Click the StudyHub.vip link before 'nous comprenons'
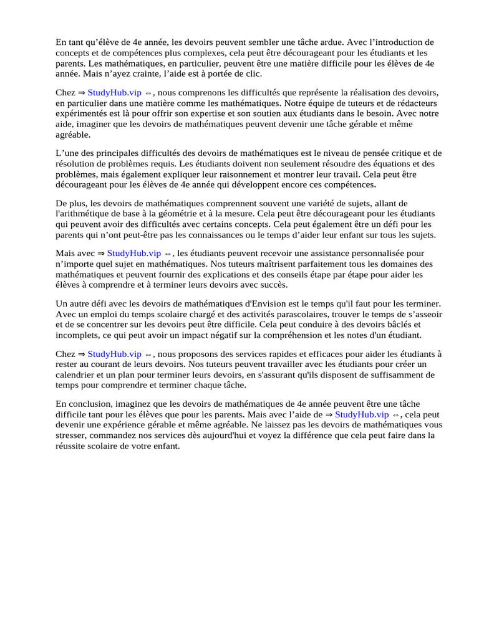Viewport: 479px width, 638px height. click(114, 92)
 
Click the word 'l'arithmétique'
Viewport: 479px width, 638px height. click(84, 213)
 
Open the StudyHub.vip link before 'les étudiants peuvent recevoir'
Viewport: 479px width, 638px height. click(134, 254)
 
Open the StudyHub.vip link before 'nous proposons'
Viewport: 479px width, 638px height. click(114, 353)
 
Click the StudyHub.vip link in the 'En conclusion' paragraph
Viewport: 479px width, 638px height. click(362, 414)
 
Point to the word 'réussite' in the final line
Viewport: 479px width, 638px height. click(70, 445)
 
